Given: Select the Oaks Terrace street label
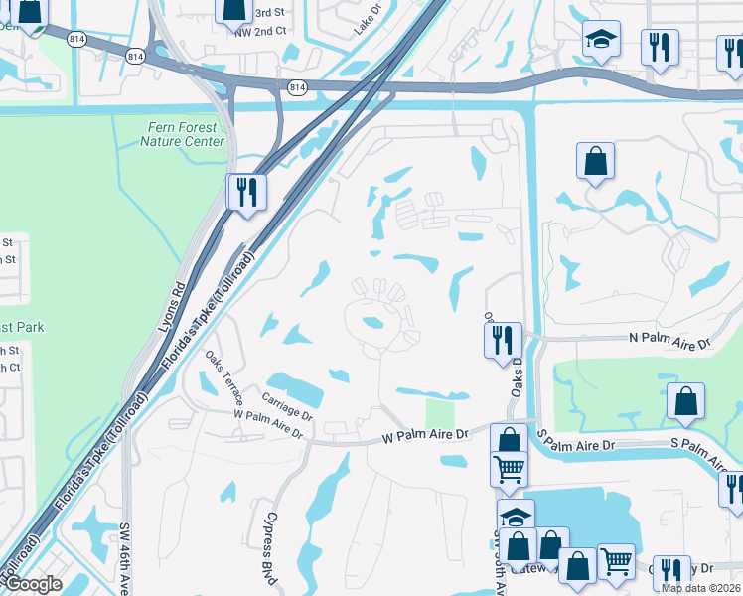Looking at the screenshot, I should (x=223, y=372).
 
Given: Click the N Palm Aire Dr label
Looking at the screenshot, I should (x=671, y=342).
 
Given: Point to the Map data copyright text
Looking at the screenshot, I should (x=700, y=588).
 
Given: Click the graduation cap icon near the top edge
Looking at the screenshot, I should (x=601, y=39).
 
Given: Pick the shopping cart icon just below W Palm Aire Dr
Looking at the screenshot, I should (x=510, y=466).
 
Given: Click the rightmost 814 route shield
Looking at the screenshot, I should (x=297, y=88).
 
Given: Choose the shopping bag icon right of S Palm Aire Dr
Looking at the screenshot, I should (x=685, y=400).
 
